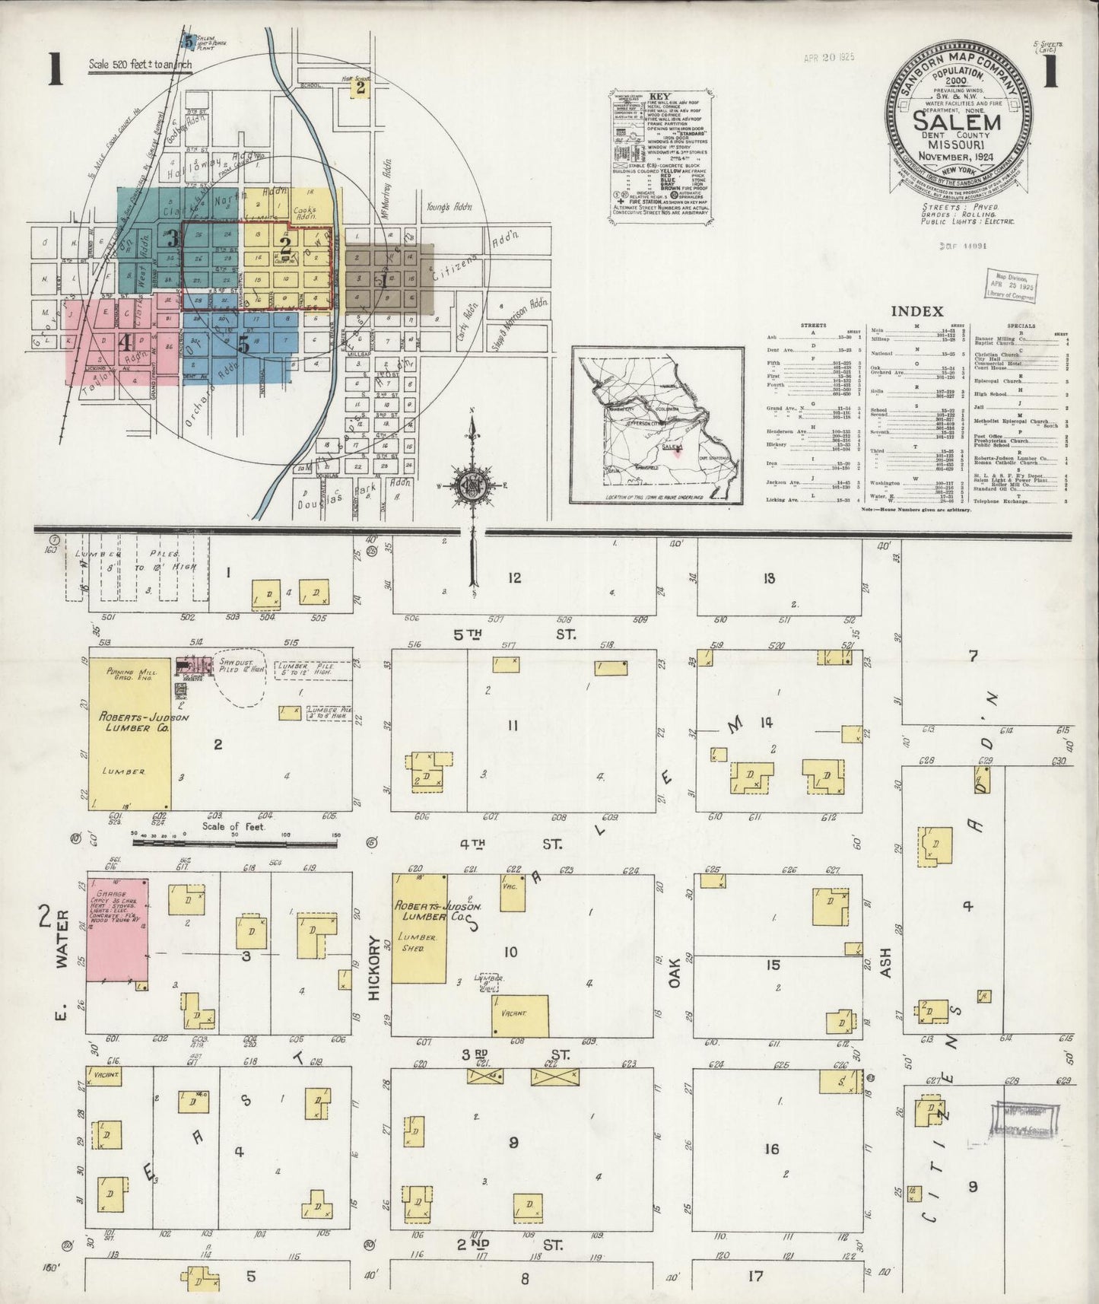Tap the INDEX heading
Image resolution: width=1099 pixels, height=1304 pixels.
click(x=916, y=310)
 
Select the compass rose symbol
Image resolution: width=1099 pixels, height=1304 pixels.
click(x=473, y=484)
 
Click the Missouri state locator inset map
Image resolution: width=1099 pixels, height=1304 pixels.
click(x=657, y=425)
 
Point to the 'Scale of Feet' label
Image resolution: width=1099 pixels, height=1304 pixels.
click(x=233, y=825)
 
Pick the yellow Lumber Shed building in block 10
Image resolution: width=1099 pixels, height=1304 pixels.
click(x=419, y=928)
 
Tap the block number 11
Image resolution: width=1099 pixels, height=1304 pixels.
click(x=512, y=726)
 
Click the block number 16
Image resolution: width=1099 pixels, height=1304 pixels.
click(x=771, y=1148)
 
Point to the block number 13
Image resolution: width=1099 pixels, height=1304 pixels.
click(x=769, y=578)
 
